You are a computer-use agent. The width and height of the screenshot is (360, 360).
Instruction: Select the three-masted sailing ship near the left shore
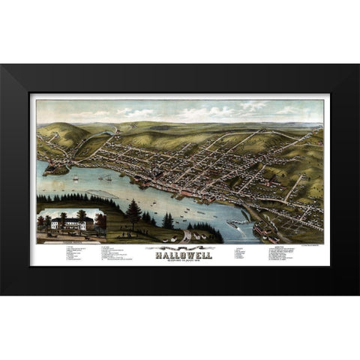76,178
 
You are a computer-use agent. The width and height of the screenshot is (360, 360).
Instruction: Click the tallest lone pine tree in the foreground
134,214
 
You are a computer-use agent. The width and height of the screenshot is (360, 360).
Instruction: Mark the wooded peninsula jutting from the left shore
56,169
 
